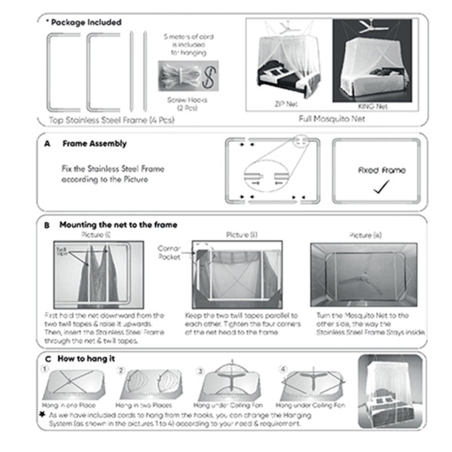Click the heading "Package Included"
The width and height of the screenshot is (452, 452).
point(85,23)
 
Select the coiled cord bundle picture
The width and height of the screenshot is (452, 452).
point(179,76)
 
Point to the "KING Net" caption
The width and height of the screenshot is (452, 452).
point(375,106)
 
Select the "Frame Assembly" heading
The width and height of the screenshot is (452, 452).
point(94,144)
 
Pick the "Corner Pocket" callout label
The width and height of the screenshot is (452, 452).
point(169,252)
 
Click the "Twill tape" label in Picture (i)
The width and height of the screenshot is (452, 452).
point(62,251)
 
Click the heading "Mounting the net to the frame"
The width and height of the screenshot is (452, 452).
point(118,225)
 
